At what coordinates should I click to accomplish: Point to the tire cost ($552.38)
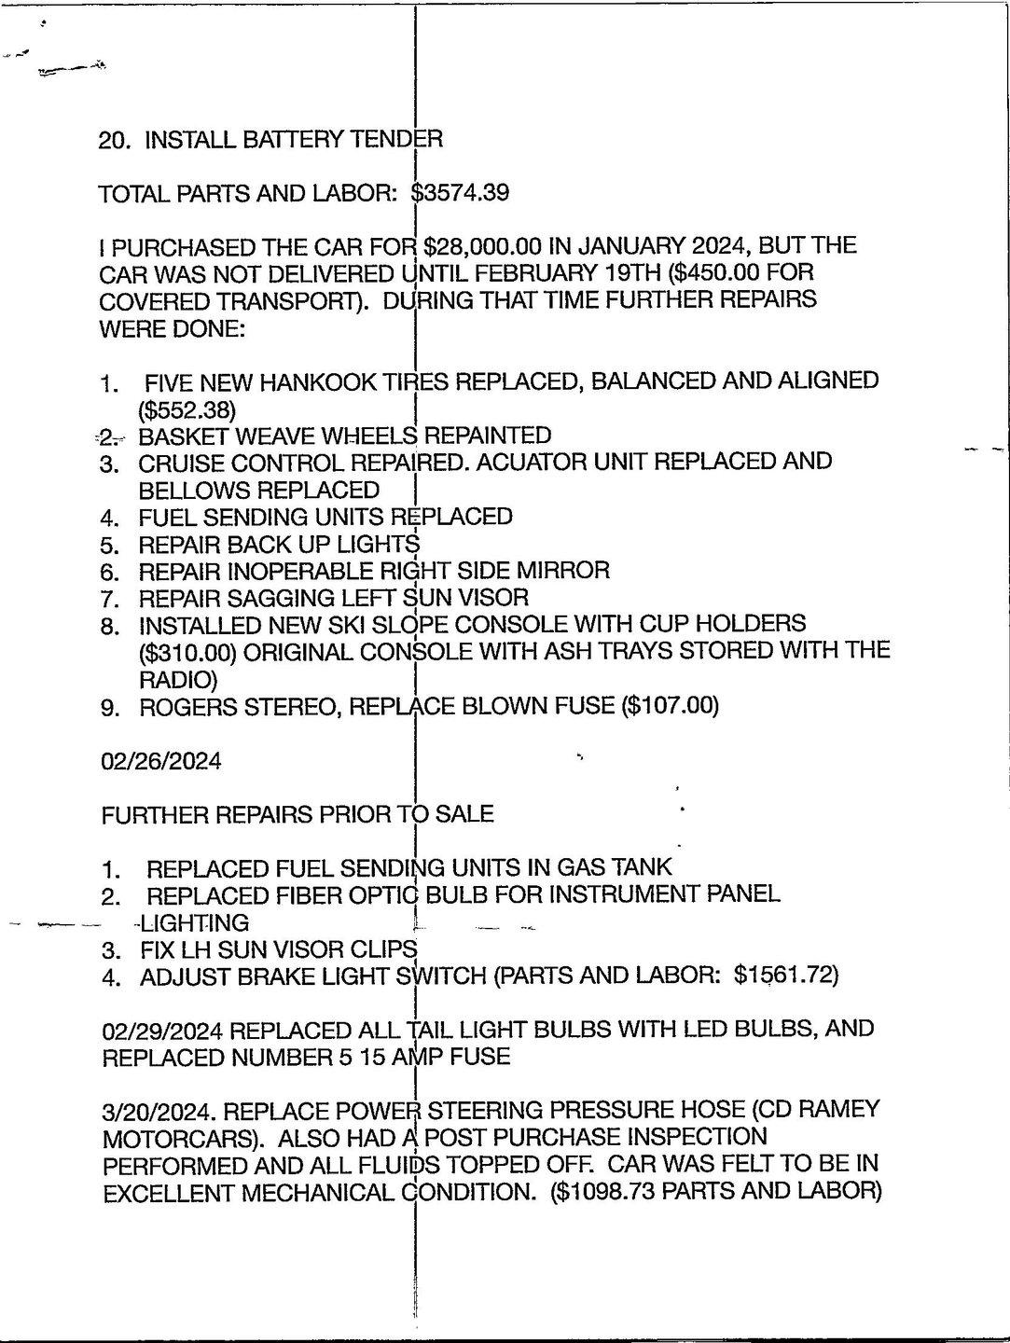[187, 408]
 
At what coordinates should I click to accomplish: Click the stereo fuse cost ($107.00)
[671, 706]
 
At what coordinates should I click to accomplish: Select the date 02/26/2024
[161, 761]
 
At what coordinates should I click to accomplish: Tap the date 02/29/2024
[161, 1030]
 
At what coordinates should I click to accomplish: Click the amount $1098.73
[609, 1192]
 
